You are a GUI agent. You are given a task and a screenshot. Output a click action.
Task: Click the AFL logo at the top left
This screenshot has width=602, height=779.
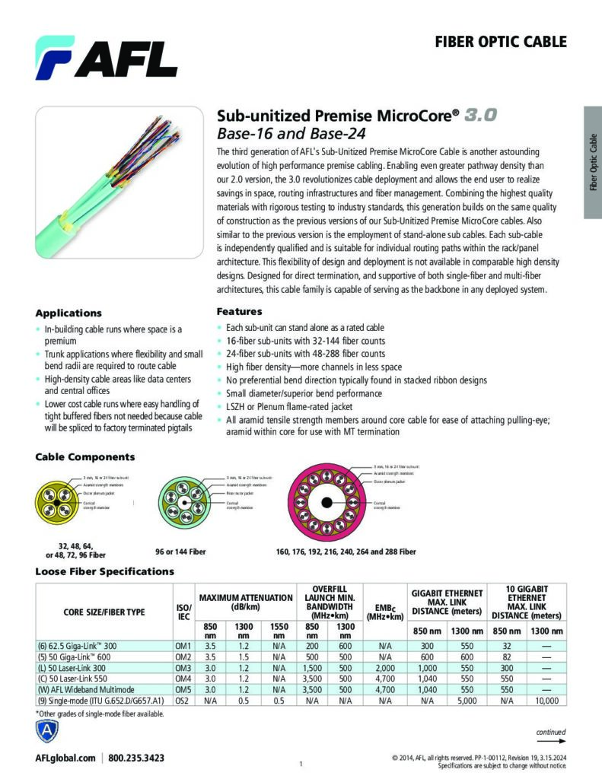click(106, 56)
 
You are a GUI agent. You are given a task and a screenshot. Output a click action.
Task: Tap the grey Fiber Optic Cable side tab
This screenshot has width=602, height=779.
click(593, 163)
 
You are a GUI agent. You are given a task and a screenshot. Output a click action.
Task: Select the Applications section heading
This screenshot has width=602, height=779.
click(68, 313)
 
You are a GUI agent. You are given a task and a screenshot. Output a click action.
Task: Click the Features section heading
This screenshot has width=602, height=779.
click(240, 311)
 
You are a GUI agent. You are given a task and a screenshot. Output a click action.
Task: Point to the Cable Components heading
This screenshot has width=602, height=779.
click(85, 457)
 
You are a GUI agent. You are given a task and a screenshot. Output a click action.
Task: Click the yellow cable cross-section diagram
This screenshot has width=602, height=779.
click(59, 501)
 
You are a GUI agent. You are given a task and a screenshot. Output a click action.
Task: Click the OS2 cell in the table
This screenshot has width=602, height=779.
click(183, 699)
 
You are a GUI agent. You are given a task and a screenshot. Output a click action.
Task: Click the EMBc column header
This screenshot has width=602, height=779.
click(384, 612)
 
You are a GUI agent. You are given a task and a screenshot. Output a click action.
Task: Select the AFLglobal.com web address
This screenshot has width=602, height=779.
click(65, 758)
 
